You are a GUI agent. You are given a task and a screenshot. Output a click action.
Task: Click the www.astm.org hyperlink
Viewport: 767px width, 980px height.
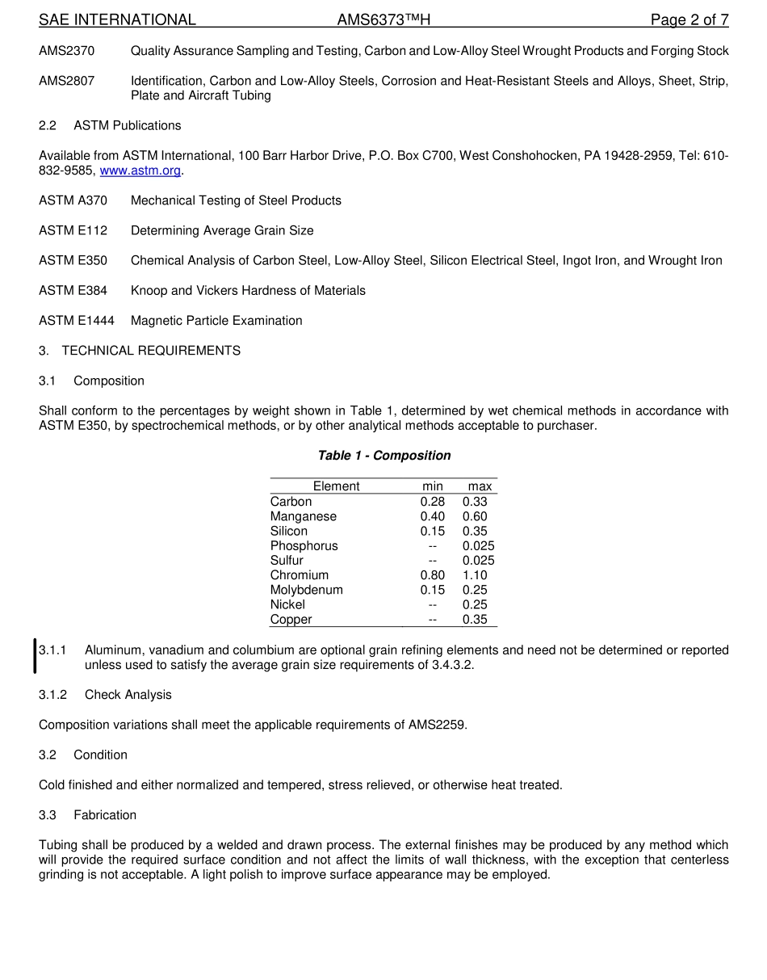click(x=140, y=170)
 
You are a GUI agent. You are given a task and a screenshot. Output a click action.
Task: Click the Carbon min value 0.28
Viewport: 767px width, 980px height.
click(x=432, y=502)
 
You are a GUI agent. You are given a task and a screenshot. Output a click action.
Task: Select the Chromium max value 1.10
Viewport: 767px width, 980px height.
click(x=475, y=575)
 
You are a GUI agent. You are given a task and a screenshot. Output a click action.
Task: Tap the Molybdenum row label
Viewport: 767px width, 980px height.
click(x=307, y=590)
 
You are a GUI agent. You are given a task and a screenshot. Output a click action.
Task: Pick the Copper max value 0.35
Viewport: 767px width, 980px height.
click(x=475, y=620)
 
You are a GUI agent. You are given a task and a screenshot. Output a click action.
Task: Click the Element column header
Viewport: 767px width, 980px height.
click(x=336, y=486)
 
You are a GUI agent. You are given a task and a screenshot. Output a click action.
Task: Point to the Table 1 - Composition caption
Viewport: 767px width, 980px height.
click(x=384, y=456)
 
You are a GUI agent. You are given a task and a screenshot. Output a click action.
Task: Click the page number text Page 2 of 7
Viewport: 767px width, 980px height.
click(x=689, y=20)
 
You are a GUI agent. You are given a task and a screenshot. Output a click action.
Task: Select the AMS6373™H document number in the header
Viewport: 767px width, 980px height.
click(x=383, y=20)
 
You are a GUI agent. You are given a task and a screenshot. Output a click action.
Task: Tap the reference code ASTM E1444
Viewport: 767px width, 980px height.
click(x=77, y=321)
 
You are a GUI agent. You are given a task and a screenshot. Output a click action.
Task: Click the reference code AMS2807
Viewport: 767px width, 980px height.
click(x=66, y=81)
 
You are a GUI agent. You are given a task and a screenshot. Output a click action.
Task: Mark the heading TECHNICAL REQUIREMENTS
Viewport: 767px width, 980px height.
click(x=151, y=351)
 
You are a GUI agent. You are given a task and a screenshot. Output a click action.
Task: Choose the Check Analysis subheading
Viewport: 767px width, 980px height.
click(x=128, y=695)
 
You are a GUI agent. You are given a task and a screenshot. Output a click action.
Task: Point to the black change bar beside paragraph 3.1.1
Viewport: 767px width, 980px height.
click(x=35, y=656)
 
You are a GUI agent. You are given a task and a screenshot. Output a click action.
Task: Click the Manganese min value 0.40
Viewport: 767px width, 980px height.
click(x=432, y=516)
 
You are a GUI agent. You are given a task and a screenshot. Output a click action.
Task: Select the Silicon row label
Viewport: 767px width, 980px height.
click(x=289, y=531)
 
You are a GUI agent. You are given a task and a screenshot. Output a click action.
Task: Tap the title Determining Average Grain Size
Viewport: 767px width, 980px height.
click(x=222, y=230)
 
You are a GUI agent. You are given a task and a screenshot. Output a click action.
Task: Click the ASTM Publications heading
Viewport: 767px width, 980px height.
click(x=128, y=125)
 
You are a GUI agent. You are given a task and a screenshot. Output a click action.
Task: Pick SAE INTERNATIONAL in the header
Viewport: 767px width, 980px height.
click(x=117, y=20)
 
